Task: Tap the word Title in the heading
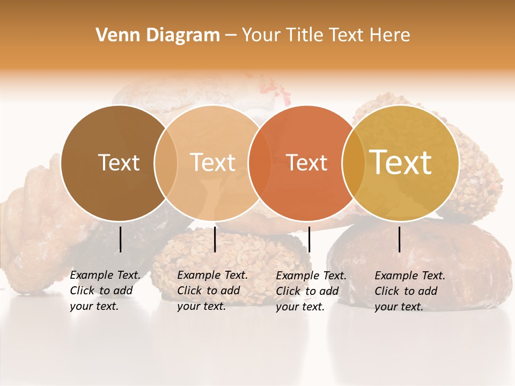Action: click(x=305, y=35)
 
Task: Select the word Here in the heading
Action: click(x=390, y=35)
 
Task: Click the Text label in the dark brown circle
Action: click(x=119, y=162)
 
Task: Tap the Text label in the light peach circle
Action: click(x=212, y=162)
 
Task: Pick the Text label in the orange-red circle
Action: click(x=306, y=163)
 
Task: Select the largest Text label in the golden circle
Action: click(x=401, y=162)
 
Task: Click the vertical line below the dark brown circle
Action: click(x=120, y=239)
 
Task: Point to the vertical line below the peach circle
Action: click(x=215, y=239)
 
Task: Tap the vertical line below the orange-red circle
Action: click(x=309, y=239)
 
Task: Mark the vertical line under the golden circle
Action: click(x=399, y=239)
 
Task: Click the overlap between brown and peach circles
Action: click(x=166, y=163)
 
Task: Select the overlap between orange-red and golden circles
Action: click(x=354, y=163)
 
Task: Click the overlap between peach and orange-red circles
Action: click(x=260, y=163)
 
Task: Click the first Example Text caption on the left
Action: click(x=105, y=291)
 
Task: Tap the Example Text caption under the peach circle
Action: click(x=212, y=291)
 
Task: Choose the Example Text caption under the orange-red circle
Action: click(x=311, y=291)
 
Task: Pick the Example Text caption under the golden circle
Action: click(x=409, y=291)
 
